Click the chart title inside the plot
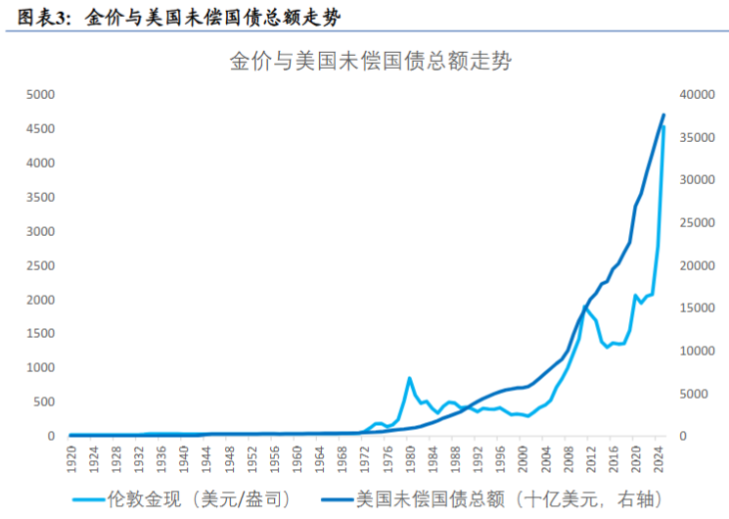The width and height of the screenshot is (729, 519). [x=371, y=62]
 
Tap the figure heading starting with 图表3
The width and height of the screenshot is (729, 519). [x=179, y=18]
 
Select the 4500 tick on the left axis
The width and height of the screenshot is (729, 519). [x=40, y=129]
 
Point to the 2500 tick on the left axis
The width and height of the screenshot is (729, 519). [x=40, y=265]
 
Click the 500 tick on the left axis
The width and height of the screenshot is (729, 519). [x=44, y=402]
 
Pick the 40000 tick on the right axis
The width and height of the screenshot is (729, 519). [x=697, y=95]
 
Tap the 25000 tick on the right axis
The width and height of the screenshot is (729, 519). [x=697, y=223]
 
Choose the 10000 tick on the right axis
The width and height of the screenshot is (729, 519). [x=697, y=351]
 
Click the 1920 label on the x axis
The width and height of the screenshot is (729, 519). [x=71, y=459]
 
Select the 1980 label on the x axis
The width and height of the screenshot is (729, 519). [x=410, y=459]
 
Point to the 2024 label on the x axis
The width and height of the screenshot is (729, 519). [x=659, y=459]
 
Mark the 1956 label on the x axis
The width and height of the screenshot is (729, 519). [x=275, y=459]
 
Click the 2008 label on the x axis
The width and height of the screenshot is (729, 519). [x=569, y=459]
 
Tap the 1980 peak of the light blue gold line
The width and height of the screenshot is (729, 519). [x=410, y=378]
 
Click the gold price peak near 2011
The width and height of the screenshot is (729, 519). [x=585, y=307]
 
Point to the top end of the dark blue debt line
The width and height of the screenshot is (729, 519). [x=663, y=115]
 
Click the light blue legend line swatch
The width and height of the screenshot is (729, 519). [x=88, y=500]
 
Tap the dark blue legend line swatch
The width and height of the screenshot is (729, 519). [x=337, y=500]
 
